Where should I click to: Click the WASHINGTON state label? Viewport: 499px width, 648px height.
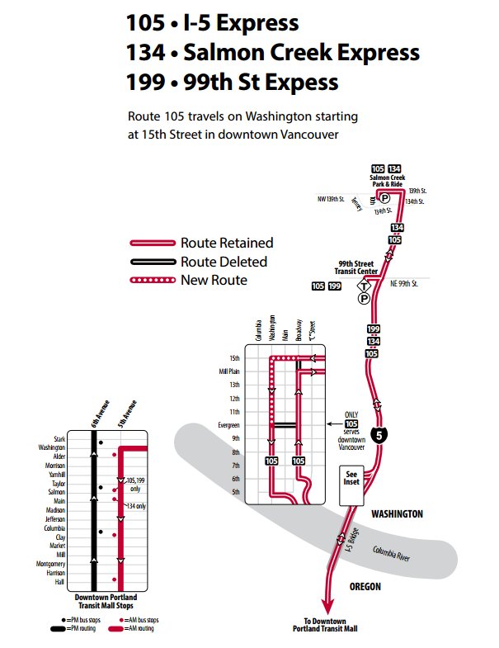397,513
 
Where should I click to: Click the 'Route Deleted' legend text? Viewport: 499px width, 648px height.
224,262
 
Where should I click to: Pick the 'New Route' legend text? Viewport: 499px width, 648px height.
214,280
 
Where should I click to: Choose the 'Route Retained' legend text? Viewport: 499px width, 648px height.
227,243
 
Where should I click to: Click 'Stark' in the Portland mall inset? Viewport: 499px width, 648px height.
59,439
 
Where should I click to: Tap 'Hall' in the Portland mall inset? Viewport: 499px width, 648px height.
60,581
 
